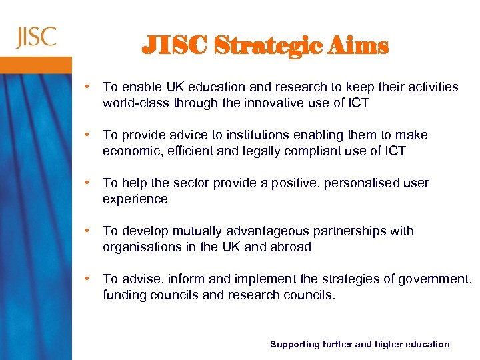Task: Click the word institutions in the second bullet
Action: (245, 135)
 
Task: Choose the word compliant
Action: (317, 151)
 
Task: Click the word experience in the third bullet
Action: (135, 199)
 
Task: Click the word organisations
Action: (139, 247)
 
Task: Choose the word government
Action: (434, 279)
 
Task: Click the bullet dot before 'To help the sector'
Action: (88, 183)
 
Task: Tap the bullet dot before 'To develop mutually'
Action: (88, 231)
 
